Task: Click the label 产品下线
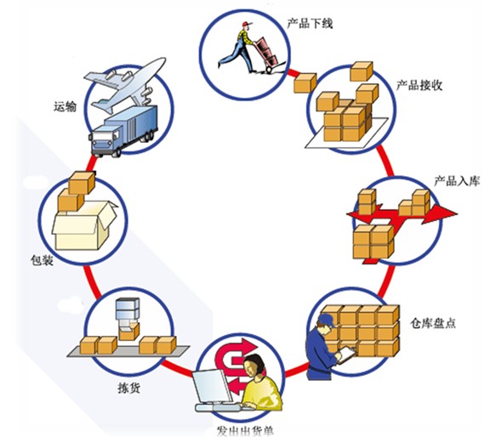pos(310,23)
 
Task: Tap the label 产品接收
pos(419,85)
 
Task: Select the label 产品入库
pos(457,181)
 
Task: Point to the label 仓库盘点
pos(433,323)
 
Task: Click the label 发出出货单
pos(245,431)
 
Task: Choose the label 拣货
pos(128,388)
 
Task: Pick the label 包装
pos(42,260)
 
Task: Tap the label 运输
pos(65,106)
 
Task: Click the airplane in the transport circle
pos(124,84)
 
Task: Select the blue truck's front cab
pos(105,140)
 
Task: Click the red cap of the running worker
pos(247,24)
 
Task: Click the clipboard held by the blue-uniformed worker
pos(347,355)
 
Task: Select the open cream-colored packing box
pos(85,225)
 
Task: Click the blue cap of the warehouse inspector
pos(327,320)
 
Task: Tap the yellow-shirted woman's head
pos(254,366)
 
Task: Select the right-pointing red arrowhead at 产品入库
pos(443,213)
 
